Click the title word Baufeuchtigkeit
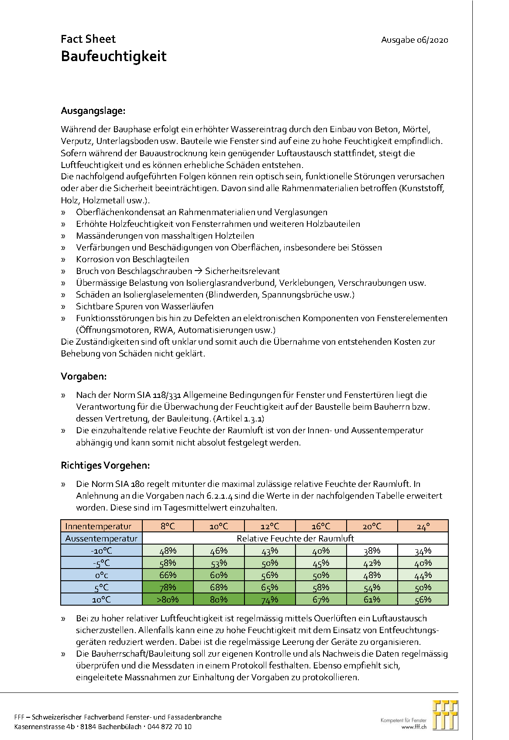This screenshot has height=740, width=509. tap(113, 57)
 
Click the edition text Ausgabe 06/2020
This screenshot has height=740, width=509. tap(414, 40)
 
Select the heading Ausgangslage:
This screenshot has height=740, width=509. tap(93, 111)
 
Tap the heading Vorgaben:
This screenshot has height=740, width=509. tap(83, 376)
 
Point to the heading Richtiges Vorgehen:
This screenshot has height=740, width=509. tap(105, 465)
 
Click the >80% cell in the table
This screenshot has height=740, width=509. tap(168, 599)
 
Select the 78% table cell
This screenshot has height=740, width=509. tap(168, 587)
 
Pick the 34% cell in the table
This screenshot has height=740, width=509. tap(423, 551)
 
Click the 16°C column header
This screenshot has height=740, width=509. tap(321, 526)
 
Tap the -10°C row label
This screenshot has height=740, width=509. tap(101, 551)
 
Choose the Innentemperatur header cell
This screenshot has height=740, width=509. tap(98, 526)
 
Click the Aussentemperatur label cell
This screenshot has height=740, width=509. tap(101, 538)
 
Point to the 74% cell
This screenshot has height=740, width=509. tap(269, 599)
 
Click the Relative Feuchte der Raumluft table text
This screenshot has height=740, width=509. tap(295, 538)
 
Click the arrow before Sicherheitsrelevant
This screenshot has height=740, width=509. tap(198, 271)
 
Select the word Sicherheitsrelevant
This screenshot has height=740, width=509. tap(242, 271)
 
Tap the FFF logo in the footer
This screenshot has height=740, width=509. tap(445, 715)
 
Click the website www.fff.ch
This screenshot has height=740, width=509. tap(414, 727)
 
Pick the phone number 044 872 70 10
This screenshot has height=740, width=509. tap(170, 726)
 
